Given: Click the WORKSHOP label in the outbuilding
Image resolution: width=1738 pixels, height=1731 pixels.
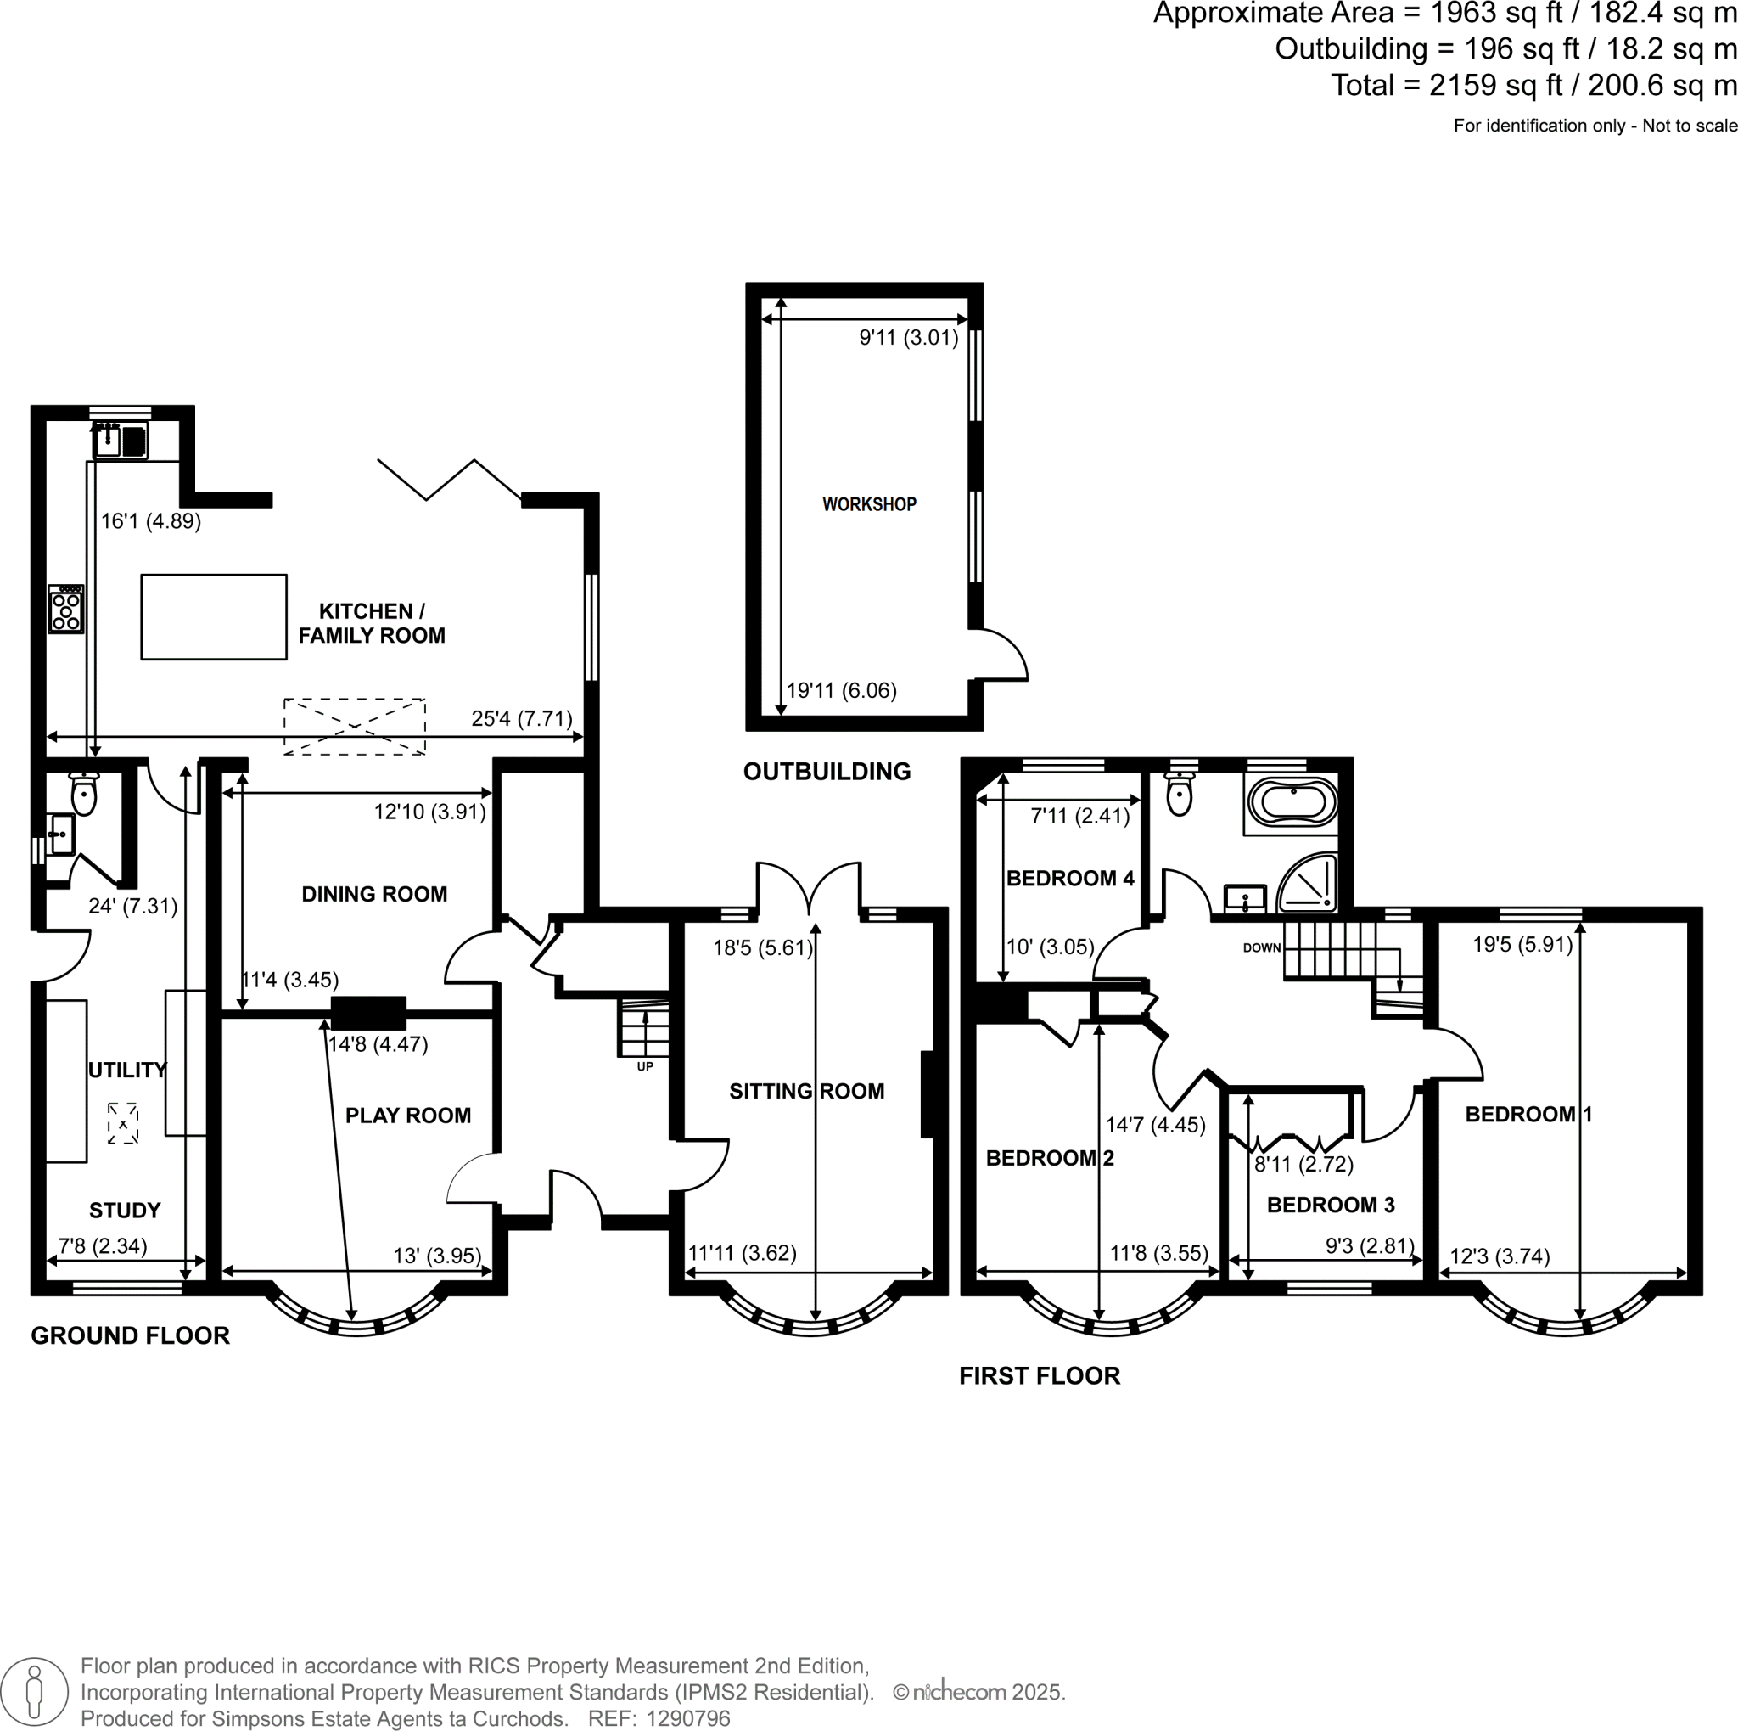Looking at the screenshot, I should click(x=869, y=505).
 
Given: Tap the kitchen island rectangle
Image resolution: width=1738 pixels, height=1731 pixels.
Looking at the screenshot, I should click(x=214, y=617).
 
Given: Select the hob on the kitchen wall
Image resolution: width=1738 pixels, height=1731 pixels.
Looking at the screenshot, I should click(x=65, y=609).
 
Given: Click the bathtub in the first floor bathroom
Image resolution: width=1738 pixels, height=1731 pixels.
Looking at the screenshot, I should click(x=1292, y=801).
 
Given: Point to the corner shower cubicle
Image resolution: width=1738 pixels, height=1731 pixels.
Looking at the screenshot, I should click(x=1309, y=883).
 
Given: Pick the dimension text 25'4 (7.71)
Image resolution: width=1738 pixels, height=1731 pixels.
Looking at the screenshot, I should click(x=522, y=719).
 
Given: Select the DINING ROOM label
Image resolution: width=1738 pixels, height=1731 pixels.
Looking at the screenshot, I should click(x=374, y=894).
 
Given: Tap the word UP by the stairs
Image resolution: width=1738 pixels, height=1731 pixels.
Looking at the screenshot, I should click(x=645, y=1067).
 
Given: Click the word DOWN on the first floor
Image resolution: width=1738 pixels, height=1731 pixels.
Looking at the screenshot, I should click(x=1261, y=947).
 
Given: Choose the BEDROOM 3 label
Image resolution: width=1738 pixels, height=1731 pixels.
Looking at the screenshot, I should click(x=1330, y=1205).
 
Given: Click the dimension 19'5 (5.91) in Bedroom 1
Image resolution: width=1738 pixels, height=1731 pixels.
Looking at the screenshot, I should click(x=1522, y=945).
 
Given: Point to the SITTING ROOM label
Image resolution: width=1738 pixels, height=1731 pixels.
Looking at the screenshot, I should click(x=806, y=1092).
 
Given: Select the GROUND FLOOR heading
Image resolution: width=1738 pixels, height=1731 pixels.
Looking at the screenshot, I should click(x=131, y=1336).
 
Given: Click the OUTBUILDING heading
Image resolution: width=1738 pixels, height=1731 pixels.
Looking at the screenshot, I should click(x=827, y=771).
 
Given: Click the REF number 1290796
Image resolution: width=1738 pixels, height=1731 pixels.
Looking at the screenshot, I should click(x=687, y=1718).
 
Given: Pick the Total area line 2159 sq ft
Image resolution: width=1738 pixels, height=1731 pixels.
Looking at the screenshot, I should click(x=1533, y=86).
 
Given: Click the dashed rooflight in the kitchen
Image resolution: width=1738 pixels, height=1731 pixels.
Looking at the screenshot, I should click(x=355, y=726).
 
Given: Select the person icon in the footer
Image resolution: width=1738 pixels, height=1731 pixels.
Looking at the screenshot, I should click(x=35, y=1691).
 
